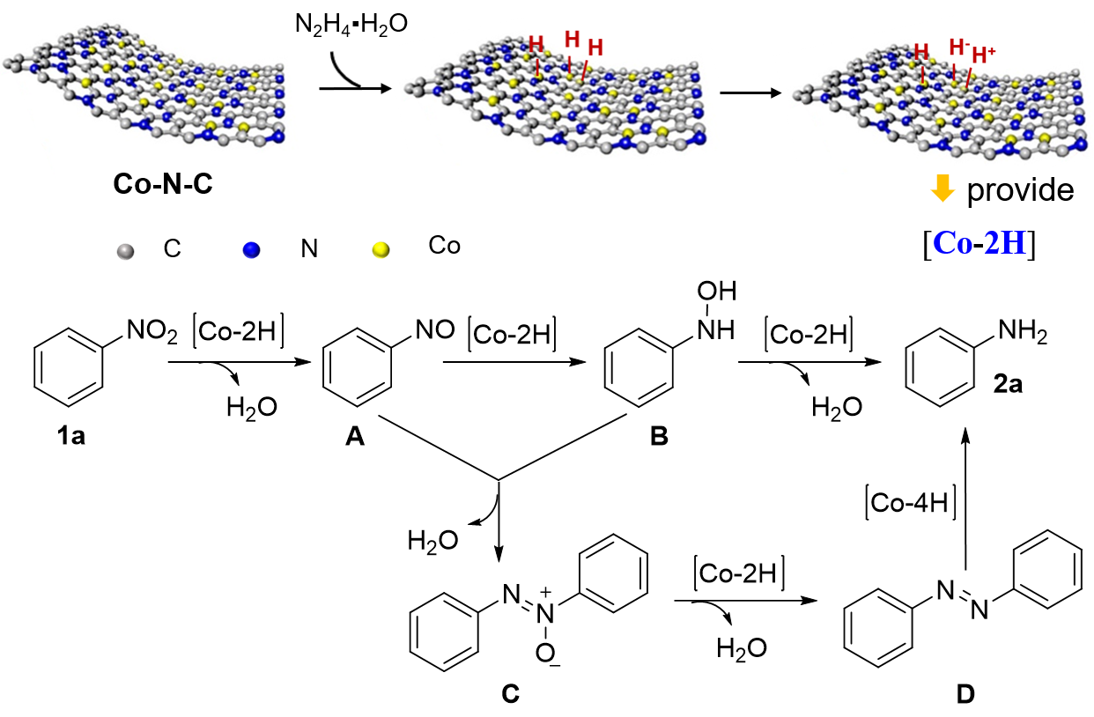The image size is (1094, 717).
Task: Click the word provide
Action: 1020,191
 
